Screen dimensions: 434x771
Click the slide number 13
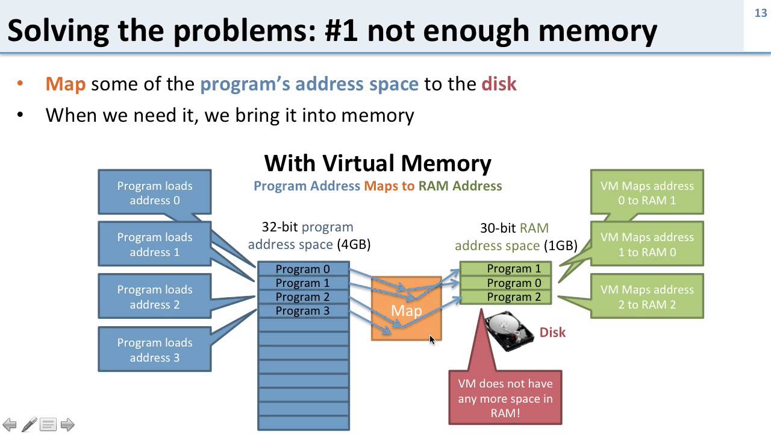760,13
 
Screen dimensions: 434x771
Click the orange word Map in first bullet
65,83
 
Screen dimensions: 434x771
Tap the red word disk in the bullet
499,83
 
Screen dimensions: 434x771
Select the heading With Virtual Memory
378,163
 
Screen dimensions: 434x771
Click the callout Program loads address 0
155,193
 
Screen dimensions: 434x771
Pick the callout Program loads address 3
155,350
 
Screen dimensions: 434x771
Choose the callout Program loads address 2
155,297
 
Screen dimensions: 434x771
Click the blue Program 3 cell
303,311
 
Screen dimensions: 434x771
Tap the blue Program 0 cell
303,269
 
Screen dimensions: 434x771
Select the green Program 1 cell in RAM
513,269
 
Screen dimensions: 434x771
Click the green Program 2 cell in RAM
513,297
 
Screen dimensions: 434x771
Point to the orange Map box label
406,310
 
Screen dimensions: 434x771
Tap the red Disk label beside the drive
552,332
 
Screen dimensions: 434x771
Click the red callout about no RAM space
505,398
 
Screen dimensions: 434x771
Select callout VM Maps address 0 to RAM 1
647,193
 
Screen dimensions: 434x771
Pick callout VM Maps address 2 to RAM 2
647,297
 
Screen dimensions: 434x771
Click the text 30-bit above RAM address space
498,228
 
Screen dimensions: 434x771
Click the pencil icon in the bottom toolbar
29,424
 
